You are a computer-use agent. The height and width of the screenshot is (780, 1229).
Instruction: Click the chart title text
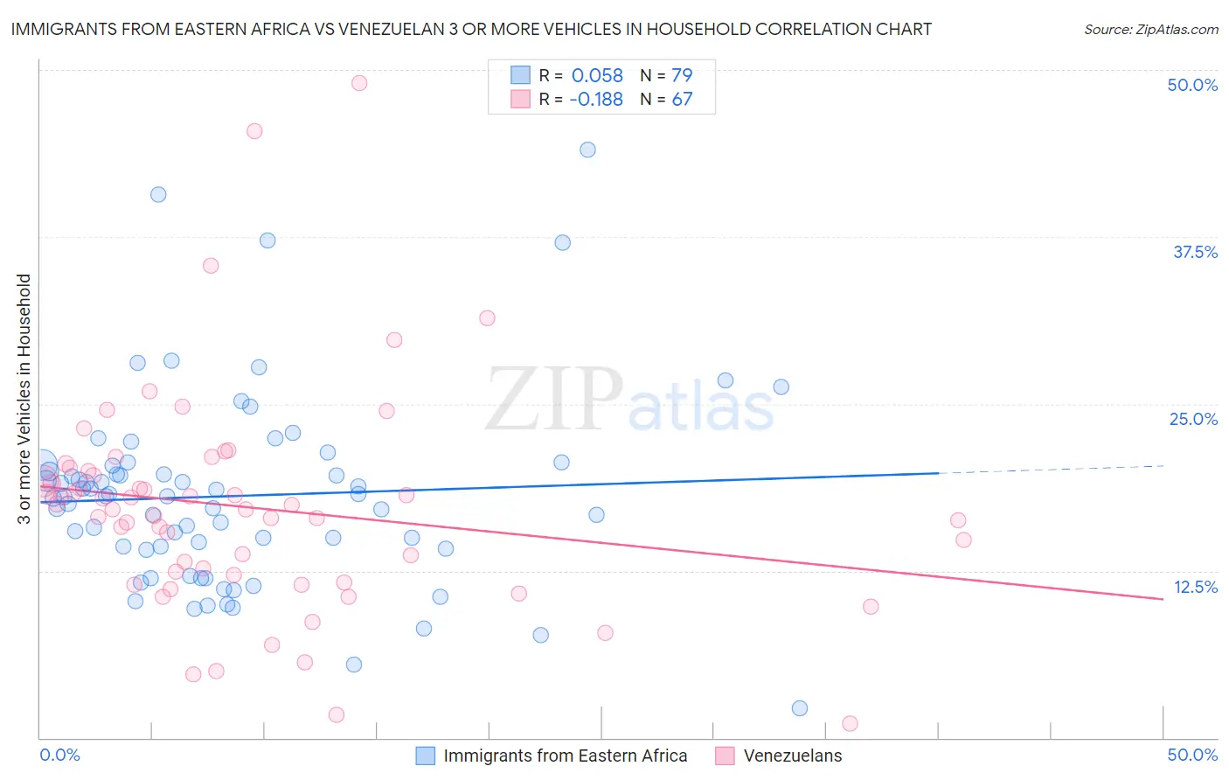pyautogui.click(x=471, y=29)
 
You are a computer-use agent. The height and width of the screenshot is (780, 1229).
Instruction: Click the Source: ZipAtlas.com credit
pyautogui.click(x=1150, y=29)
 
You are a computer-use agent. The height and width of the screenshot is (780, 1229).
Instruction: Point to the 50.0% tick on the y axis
pyautogui.click(x=1192, y=85)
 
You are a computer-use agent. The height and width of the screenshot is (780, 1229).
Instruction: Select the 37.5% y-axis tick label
pyautogui.click(x=1195, y=252)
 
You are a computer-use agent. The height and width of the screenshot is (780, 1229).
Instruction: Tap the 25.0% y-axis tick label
pyautogui.click(x=1193, y=419)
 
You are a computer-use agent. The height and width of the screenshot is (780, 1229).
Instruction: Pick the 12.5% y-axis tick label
pyautogui.click(x=1195, y=587)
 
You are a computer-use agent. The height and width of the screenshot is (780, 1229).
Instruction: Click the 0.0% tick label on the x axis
pyautogui.click(x=59, y=755)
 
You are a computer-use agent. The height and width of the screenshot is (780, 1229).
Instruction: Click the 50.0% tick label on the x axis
pyautogui.click(x=1192, y=755)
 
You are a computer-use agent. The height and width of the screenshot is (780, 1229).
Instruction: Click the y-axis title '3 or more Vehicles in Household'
pyautogui.click(x=24, y=399)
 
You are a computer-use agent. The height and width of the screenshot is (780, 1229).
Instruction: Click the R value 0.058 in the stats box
pyautogui.click(x=597, y=75)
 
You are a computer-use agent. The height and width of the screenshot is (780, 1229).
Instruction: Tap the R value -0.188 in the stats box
pyautogui.click(x=596, y=99)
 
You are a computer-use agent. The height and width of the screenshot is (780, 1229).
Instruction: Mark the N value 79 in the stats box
pyautogui.click(x=682, y=75)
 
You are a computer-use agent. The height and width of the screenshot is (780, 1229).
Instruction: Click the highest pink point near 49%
pyautogui.click(x=359, y=83)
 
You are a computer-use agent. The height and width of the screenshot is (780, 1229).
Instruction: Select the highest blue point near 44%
pyautogui.click(x=587, y=150)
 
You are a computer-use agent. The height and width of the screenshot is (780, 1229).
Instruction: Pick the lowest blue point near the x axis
pyautogui.click(x=800, y=708)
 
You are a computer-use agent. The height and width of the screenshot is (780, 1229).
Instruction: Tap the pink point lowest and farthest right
pyautogui.click(x=850, y=723)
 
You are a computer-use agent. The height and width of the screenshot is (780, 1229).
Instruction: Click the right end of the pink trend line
pyautogui.click(x=1163, y=599)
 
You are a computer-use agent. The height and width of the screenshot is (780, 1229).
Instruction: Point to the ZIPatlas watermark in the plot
pyautogui.click(x=629, y=400)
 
